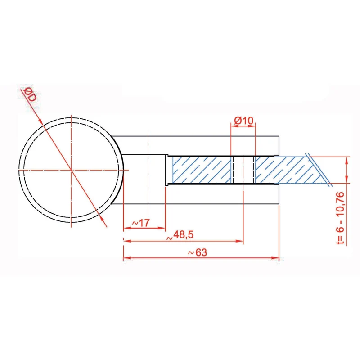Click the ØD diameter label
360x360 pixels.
pyautogui.click(x=30, y=94)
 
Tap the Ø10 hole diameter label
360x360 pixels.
pyautogui.click(x=243, y=121)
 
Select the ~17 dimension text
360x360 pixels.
pyautogui.click(x=141, y=223)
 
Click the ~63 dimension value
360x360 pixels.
pyautogui.click(x=198, y=252)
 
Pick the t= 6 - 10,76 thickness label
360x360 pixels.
pyautogui.click(x=341, y=218)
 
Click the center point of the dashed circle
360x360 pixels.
pyautogui.click(x=72, y=170)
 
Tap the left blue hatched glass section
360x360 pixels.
pyautogui.click(x=202, y=170)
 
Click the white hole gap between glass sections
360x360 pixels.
pyautogui.click(x=243, y=170)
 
